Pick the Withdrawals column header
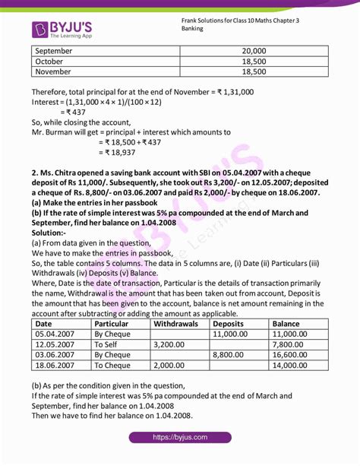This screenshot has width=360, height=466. point(175,323)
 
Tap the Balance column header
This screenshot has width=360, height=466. point(289,323)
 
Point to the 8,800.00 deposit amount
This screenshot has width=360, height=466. point(232,354)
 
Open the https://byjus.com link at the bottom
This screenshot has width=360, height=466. point(179,438)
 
